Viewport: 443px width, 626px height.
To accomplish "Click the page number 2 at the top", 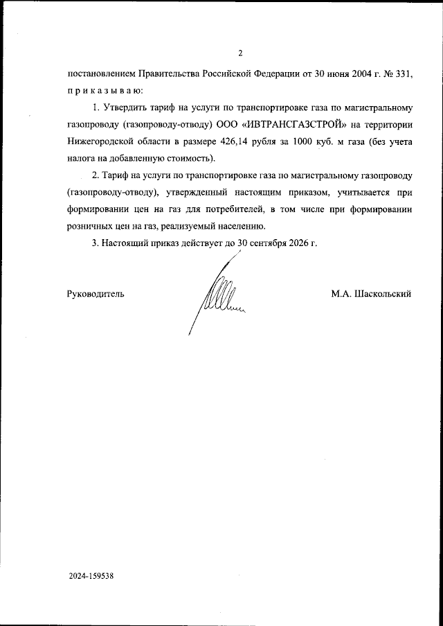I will tap(239, 53).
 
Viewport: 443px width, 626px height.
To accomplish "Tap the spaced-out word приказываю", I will tap(105, 90).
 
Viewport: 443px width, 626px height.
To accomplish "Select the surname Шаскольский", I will tap(382, 293).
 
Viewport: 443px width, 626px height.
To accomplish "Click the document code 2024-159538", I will tap(100, 576).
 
